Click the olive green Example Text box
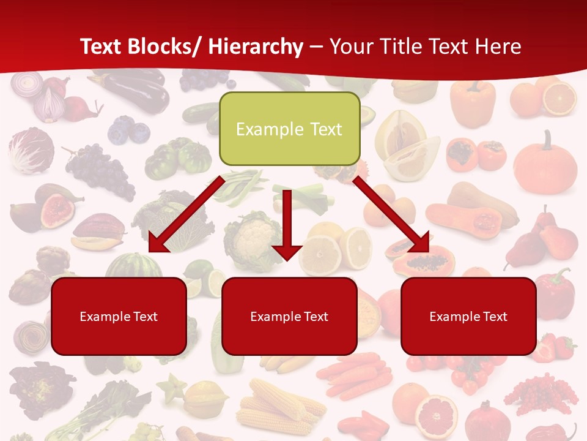(289, 129)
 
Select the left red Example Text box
(119, 316)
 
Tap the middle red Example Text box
(289, 316)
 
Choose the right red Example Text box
(468, 316)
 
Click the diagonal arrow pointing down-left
(183, 216)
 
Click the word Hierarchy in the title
(256, 47)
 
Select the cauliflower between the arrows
(252, 239)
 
